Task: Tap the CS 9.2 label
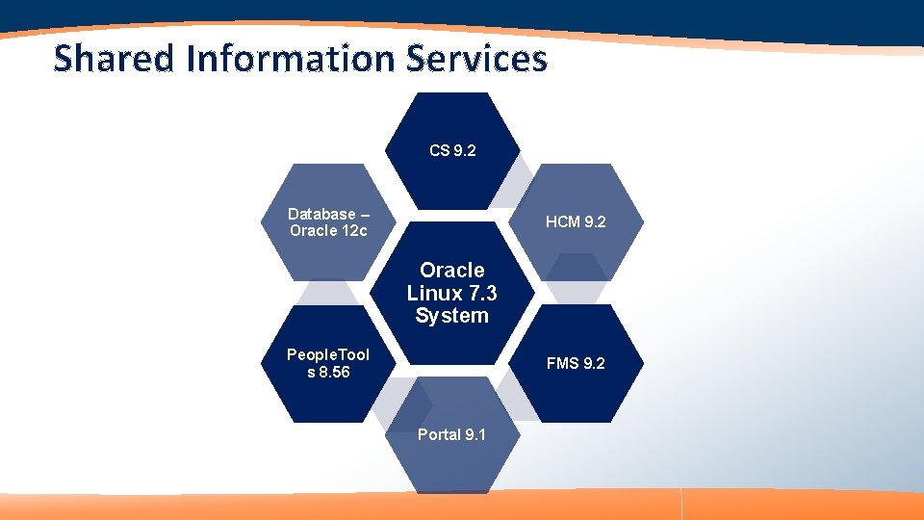452,151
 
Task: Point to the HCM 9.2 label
576,222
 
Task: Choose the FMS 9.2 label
576,364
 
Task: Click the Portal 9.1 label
451,435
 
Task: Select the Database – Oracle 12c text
328,222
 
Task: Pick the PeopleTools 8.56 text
328,364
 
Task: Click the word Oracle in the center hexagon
452,271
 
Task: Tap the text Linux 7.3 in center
452,293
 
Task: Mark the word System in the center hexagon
452,316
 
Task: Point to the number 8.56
336,373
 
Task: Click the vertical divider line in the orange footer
681,504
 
